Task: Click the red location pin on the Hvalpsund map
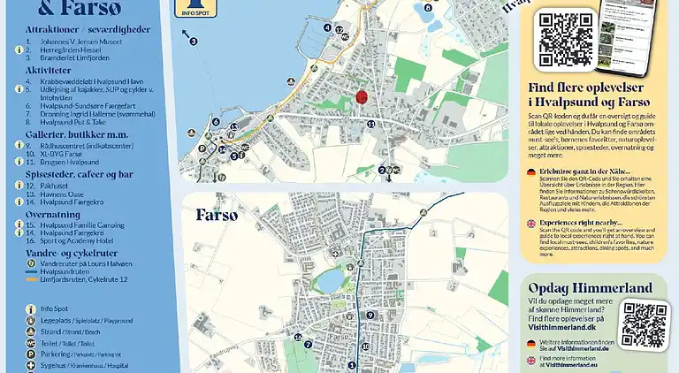click(x=361, y=97)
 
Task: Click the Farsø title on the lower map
click(x=217, y=215)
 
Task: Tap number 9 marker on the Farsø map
click(x=370, y=315)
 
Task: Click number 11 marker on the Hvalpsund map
click(x=371, y=124)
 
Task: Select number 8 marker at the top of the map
click(x=427, y=7)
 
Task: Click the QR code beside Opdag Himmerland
click(x=644, y=324)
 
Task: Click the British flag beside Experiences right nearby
click(x=530, y=224)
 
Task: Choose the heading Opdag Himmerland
click(x=590, y=288)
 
